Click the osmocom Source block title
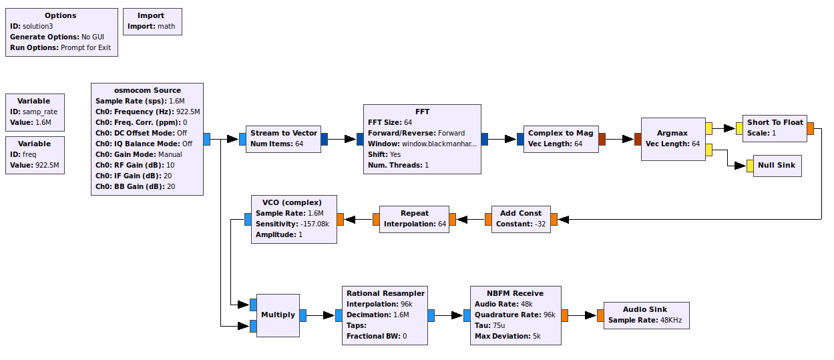[x=147, y=90]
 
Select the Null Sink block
[x=777, y=166]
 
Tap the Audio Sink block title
[x=645, y=309]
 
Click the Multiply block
[x=277, y=315]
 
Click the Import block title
[x=151, y=15]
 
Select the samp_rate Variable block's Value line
[x=34, y=122]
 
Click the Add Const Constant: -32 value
[x=521, y=224]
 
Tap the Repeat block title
[x=415, y=213]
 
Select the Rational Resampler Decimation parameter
[x=378, y=315]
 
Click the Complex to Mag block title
[x=560, y=133]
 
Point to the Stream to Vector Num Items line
[x=276, y=144]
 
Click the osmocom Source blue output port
[x=207, y=139]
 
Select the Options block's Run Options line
[x=60, y=47]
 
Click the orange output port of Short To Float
[x=811, y=128]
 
